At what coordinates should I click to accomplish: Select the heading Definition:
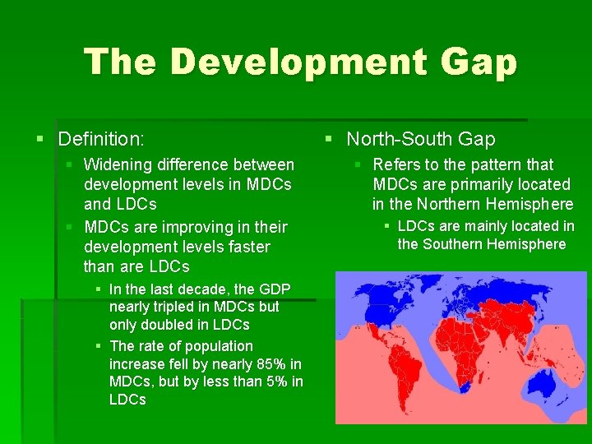101,139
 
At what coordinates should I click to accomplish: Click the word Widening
116,164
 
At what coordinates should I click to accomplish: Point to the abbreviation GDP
274,289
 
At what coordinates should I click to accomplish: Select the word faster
248,247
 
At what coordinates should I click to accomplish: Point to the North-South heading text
421,139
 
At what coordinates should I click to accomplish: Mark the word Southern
454,244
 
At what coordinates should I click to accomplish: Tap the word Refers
395,164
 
